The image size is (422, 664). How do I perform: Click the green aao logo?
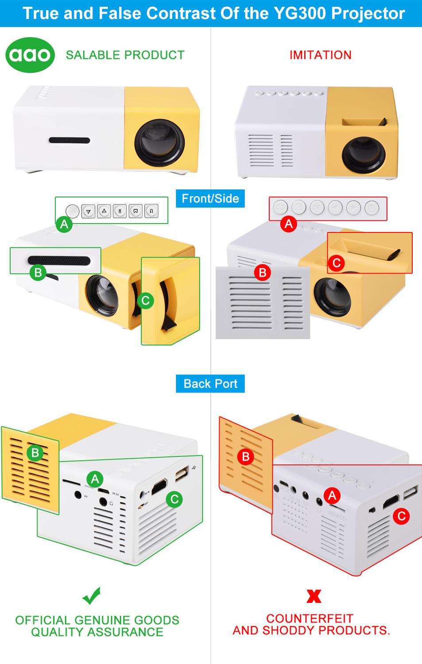30,55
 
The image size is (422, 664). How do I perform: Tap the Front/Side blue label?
210,199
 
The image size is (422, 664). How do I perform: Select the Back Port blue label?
210,384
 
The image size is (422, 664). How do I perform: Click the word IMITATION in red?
320,55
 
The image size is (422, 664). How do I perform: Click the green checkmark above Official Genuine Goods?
92,596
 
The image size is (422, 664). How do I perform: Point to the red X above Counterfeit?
314,596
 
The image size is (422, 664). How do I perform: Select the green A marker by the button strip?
64,225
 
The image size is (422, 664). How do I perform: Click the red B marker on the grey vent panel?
263,272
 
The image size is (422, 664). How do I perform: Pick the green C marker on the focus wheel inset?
145,301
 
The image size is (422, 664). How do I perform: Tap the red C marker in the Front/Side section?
336,263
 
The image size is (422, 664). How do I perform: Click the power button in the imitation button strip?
372,208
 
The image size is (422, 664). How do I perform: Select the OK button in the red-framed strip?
317,207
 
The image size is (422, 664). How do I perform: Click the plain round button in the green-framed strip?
73,211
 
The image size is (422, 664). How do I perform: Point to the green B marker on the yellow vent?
35,453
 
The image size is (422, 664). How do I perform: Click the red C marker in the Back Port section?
401,516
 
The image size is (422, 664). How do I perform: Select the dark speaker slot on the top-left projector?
70,140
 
